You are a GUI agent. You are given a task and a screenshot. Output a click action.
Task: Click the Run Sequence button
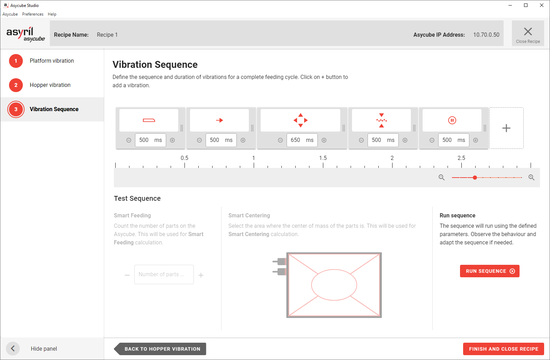(489, 271)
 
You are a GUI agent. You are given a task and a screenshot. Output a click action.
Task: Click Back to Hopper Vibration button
(162, 349)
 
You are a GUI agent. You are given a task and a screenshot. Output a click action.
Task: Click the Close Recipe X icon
(528, 32)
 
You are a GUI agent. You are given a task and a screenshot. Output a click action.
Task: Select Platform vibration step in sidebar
(52, 61)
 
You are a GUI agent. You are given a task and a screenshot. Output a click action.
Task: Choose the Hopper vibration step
(50, 85)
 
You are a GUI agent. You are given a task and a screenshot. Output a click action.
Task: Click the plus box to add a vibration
(506, 128)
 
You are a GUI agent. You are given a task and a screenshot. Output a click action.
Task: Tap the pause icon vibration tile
(452, 120)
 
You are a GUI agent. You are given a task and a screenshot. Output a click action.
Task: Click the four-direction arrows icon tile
(300, 120)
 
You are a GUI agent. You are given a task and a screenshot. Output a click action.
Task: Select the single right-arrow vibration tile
(219, 120)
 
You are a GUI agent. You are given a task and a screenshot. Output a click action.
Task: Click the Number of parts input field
(164, 274)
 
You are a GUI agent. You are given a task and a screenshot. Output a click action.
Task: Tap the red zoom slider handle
(475, 178)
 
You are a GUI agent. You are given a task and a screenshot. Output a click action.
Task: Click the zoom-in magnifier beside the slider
(531, 178)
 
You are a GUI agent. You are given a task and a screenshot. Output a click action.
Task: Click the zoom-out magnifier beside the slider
(441, 178)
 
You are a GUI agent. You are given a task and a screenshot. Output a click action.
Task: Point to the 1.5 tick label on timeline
(323, 158)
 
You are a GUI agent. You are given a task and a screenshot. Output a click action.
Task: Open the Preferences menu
(33, 14)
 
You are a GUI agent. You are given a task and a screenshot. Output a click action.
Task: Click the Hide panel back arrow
(13, 349)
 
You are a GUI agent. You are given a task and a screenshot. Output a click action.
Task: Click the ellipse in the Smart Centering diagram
(334, 285)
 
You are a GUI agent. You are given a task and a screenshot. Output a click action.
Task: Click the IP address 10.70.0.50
(486, 35)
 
